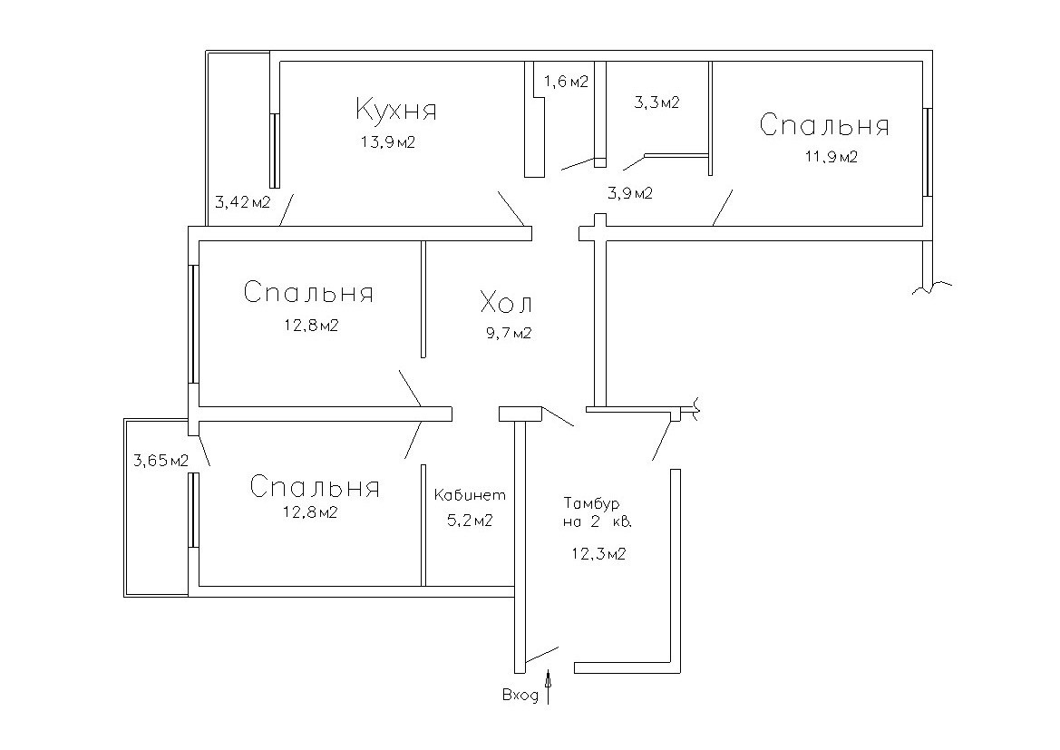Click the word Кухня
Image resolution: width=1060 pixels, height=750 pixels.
click(x=395, y=111)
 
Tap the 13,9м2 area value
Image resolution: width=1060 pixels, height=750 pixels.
click(x=387, y=142)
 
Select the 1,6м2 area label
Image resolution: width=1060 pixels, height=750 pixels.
click(x=566, y=82)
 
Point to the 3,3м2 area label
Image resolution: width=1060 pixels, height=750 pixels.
click(x=656, y=102)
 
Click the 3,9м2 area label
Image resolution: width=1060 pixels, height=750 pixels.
click(x=629, y=193)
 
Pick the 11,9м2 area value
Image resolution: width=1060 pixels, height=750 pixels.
click(x=830, y=157)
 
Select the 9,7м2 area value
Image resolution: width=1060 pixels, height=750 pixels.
click(x=508, y=333)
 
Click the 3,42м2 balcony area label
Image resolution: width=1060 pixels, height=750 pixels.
click(x=242, y=201)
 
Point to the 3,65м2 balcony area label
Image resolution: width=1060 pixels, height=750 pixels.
click(x=160, y=461)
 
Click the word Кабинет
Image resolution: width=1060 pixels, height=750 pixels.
click(x=469, y=496)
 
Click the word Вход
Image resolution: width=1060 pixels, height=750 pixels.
click(x=520, y=696)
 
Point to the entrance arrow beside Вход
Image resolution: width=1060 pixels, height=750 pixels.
click(x=548, y=687)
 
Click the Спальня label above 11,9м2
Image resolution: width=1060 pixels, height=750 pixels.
click(x=823, y=125)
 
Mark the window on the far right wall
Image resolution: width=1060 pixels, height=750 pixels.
click(x=928, y=152)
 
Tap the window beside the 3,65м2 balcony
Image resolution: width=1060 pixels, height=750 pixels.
click(x=193, y=511)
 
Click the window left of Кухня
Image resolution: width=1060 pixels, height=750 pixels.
click(x=273, y=151)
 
